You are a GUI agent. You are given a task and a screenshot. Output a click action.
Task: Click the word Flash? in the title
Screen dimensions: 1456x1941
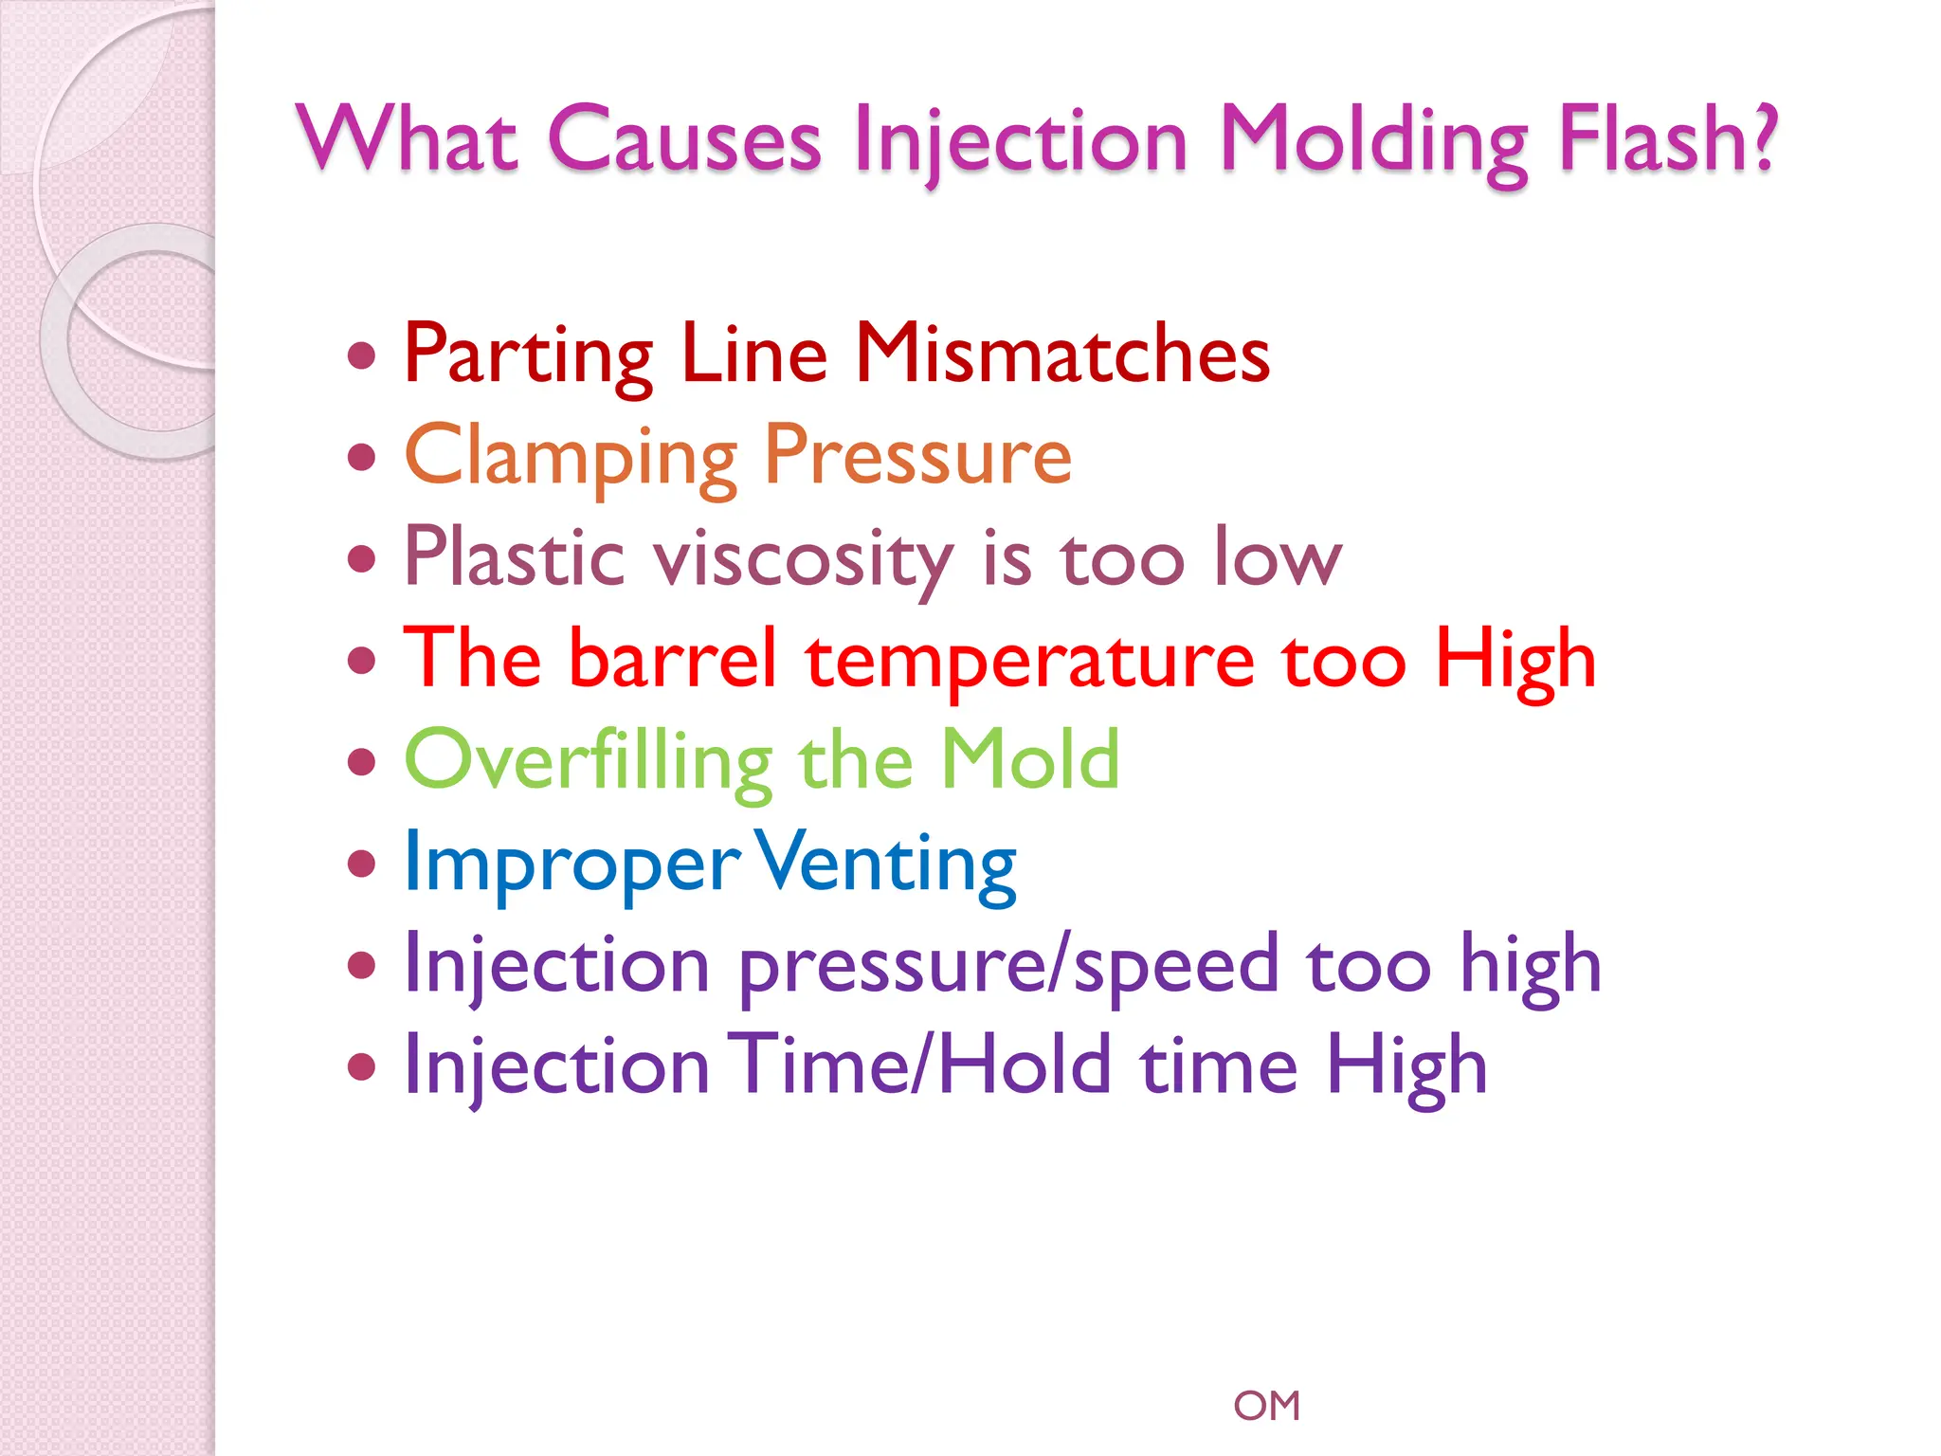pos(1668,140)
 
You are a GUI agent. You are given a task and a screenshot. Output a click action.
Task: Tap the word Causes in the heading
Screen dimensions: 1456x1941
pos(684,140)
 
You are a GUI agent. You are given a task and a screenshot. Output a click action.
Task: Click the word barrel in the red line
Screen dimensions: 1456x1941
pos(673,659)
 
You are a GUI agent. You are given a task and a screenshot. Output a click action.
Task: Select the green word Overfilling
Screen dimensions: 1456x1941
pos(589,761)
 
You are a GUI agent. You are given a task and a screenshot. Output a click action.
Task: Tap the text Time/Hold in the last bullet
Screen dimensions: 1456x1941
pos(919,1065)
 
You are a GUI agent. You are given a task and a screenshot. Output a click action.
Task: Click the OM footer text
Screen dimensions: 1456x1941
pos(1266,1406)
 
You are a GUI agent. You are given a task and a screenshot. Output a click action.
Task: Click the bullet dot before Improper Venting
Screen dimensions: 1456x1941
pos(361,864)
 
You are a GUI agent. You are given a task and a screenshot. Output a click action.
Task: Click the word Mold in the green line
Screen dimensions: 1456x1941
pos(1029,760)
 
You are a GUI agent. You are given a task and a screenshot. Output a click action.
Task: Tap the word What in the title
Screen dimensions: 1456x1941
pos(408,140)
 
